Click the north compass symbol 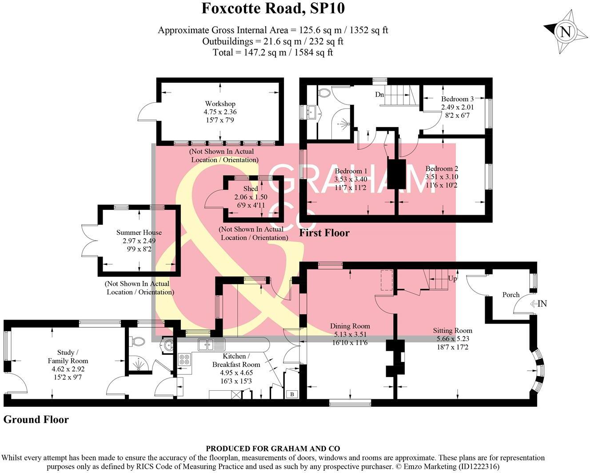(565, 32)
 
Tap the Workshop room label (220, 104)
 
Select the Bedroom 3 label (457, 99)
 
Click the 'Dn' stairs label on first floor (379, 95)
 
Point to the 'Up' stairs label (452, 279)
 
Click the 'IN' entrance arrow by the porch (538, 304)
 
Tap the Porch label (511, 295)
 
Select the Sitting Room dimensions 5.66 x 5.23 (453, 338)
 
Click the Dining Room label (350, 326)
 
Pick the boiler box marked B (292, 394)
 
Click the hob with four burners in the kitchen (184, 359)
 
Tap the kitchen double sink (212, 344)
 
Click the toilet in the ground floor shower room (138, 341)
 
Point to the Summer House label (139, 232)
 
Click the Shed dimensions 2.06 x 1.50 (251, 197)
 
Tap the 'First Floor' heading (324, 233)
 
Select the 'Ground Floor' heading (36, 420)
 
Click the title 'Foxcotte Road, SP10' (273, 8)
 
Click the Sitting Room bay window (538, 369)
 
